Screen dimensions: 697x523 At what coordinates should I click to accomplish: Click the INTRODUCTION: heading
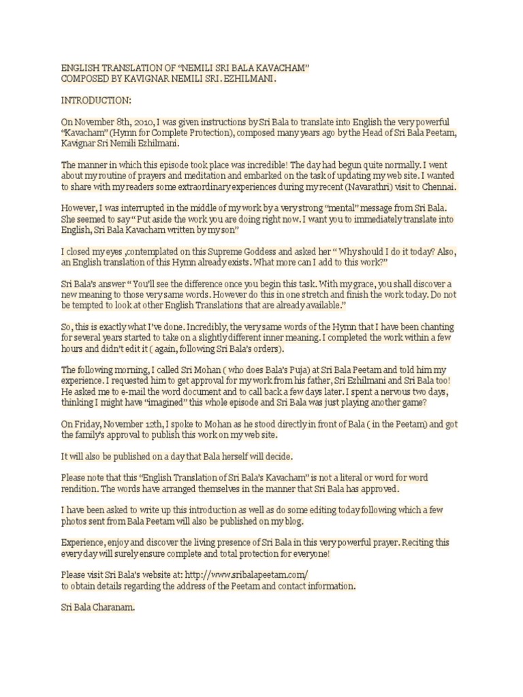click(x=95, y=100)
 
